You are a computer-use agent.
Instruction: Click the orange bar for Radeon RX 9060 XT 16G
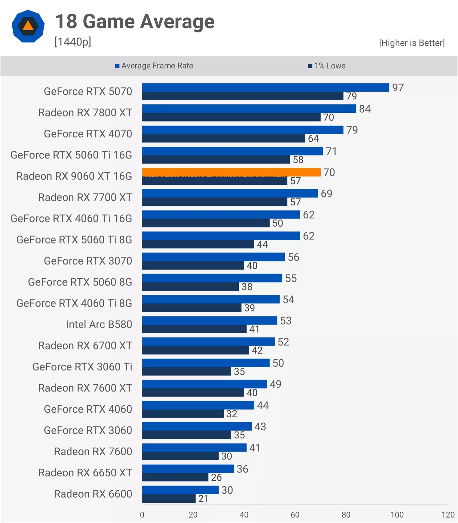tap(231, 172)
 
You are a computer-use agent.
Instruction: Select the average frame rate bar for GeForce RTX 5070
tap(266, 87)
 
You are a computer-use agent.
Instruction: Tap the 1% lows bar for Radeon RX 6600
tap(169, 499)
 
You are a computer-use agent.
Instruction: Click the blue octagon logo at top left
tap(28, 26)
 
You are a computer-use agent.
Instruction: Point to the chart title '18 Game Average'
tap(135, 22)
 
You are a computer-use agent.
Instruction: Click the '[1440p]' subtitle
tap(73, 42)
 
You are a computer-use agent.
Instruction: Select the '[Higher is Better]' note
tap(412, 43)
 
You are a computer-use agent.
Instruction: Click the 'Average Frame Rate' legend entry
tap(154, 66)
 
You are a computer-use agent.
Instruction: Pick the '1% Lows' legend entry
tap(327, 66)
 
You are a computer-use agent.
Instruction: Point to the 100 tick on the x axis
tap(397, 515)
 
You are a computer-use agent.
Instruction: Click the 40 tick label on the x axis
tap(244, 515)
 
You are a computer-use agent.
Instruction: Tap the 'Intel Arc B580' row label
tap(99, 324)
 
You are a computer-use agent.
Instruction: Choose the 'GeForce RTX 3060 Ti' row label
tap(82, 367)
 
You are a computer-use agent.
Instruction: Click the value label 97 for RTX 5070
tap(398, 88)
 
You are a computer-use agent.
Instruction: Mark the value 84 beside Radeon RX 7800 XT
tap(365, 109)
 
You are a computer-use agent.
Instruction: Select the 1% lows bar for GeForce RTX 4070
tap(224, 138)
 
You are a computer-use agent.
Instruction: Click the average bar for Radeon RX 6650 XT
tap(188, 469)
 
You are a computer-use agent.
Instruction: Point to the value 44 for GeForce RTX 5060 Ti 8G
tap(262, 244)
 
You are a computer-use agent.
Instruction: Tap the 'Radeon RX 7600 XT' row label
tap(85, 388)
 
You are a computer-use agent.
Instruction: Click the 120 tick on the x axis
tap(448, 515)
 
